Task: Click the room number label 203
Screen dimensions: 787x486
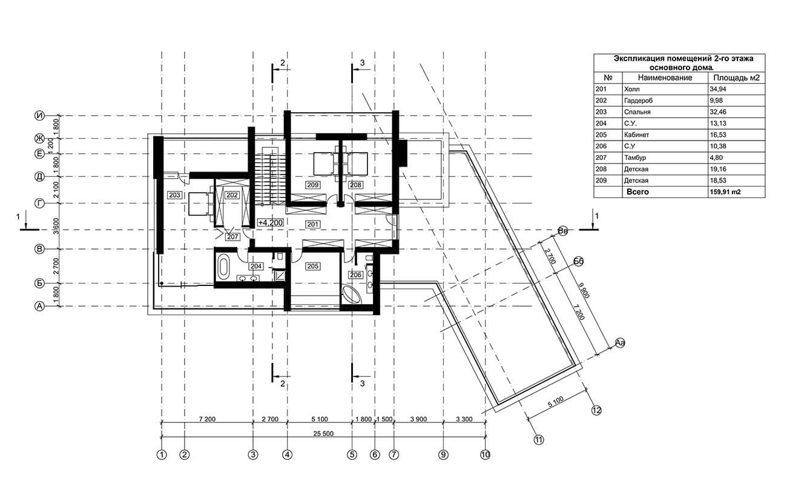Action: [x=174, y=195]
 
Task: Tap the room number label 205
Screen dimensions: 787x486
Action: [x=313, y=266]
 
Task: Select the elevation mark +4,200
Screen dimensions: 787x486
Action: [x=271, y=222]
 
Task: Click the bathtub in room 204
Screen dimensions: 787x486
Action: [x=223, y=266]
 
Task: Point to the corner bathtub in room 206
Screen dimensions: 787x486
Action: [x=352, y=295]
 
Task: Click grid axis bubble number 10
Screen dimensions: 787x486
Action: [x=485, y=454]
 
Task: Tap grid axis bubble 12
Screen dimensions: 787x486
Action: [x=596, y=410]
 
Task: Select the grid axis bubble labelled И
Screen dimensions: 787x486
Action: [x=39, y=115]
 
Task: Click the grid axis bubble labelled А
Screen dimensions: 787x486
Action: [x=39, y=306]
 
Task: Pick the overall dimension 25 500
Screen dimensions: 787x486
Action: [x=323, y=434]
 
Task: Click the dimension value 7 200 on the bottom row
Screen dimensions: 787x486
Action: [x=207, y=419]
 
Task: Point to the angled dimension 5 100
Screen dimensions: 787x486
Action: [x=556, y=402]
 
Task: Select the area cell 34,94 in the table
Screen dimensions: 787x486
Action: [x=718, y=89]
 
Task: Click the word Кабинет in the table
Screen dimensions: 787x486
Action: [x=636, y=135]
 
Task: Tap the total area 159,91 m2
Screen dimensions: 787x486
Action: [x=725, y=192]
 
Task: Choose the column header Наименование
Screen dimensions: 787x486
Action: [x=665, y=78]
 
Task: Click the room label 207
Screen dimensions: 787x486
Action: [x=232, y=237]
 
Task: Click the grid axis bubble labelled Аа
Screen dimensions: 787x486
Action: [x=620, y=343]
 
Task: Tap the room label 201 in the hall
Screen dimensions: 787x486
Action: [x=313, y=224]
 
